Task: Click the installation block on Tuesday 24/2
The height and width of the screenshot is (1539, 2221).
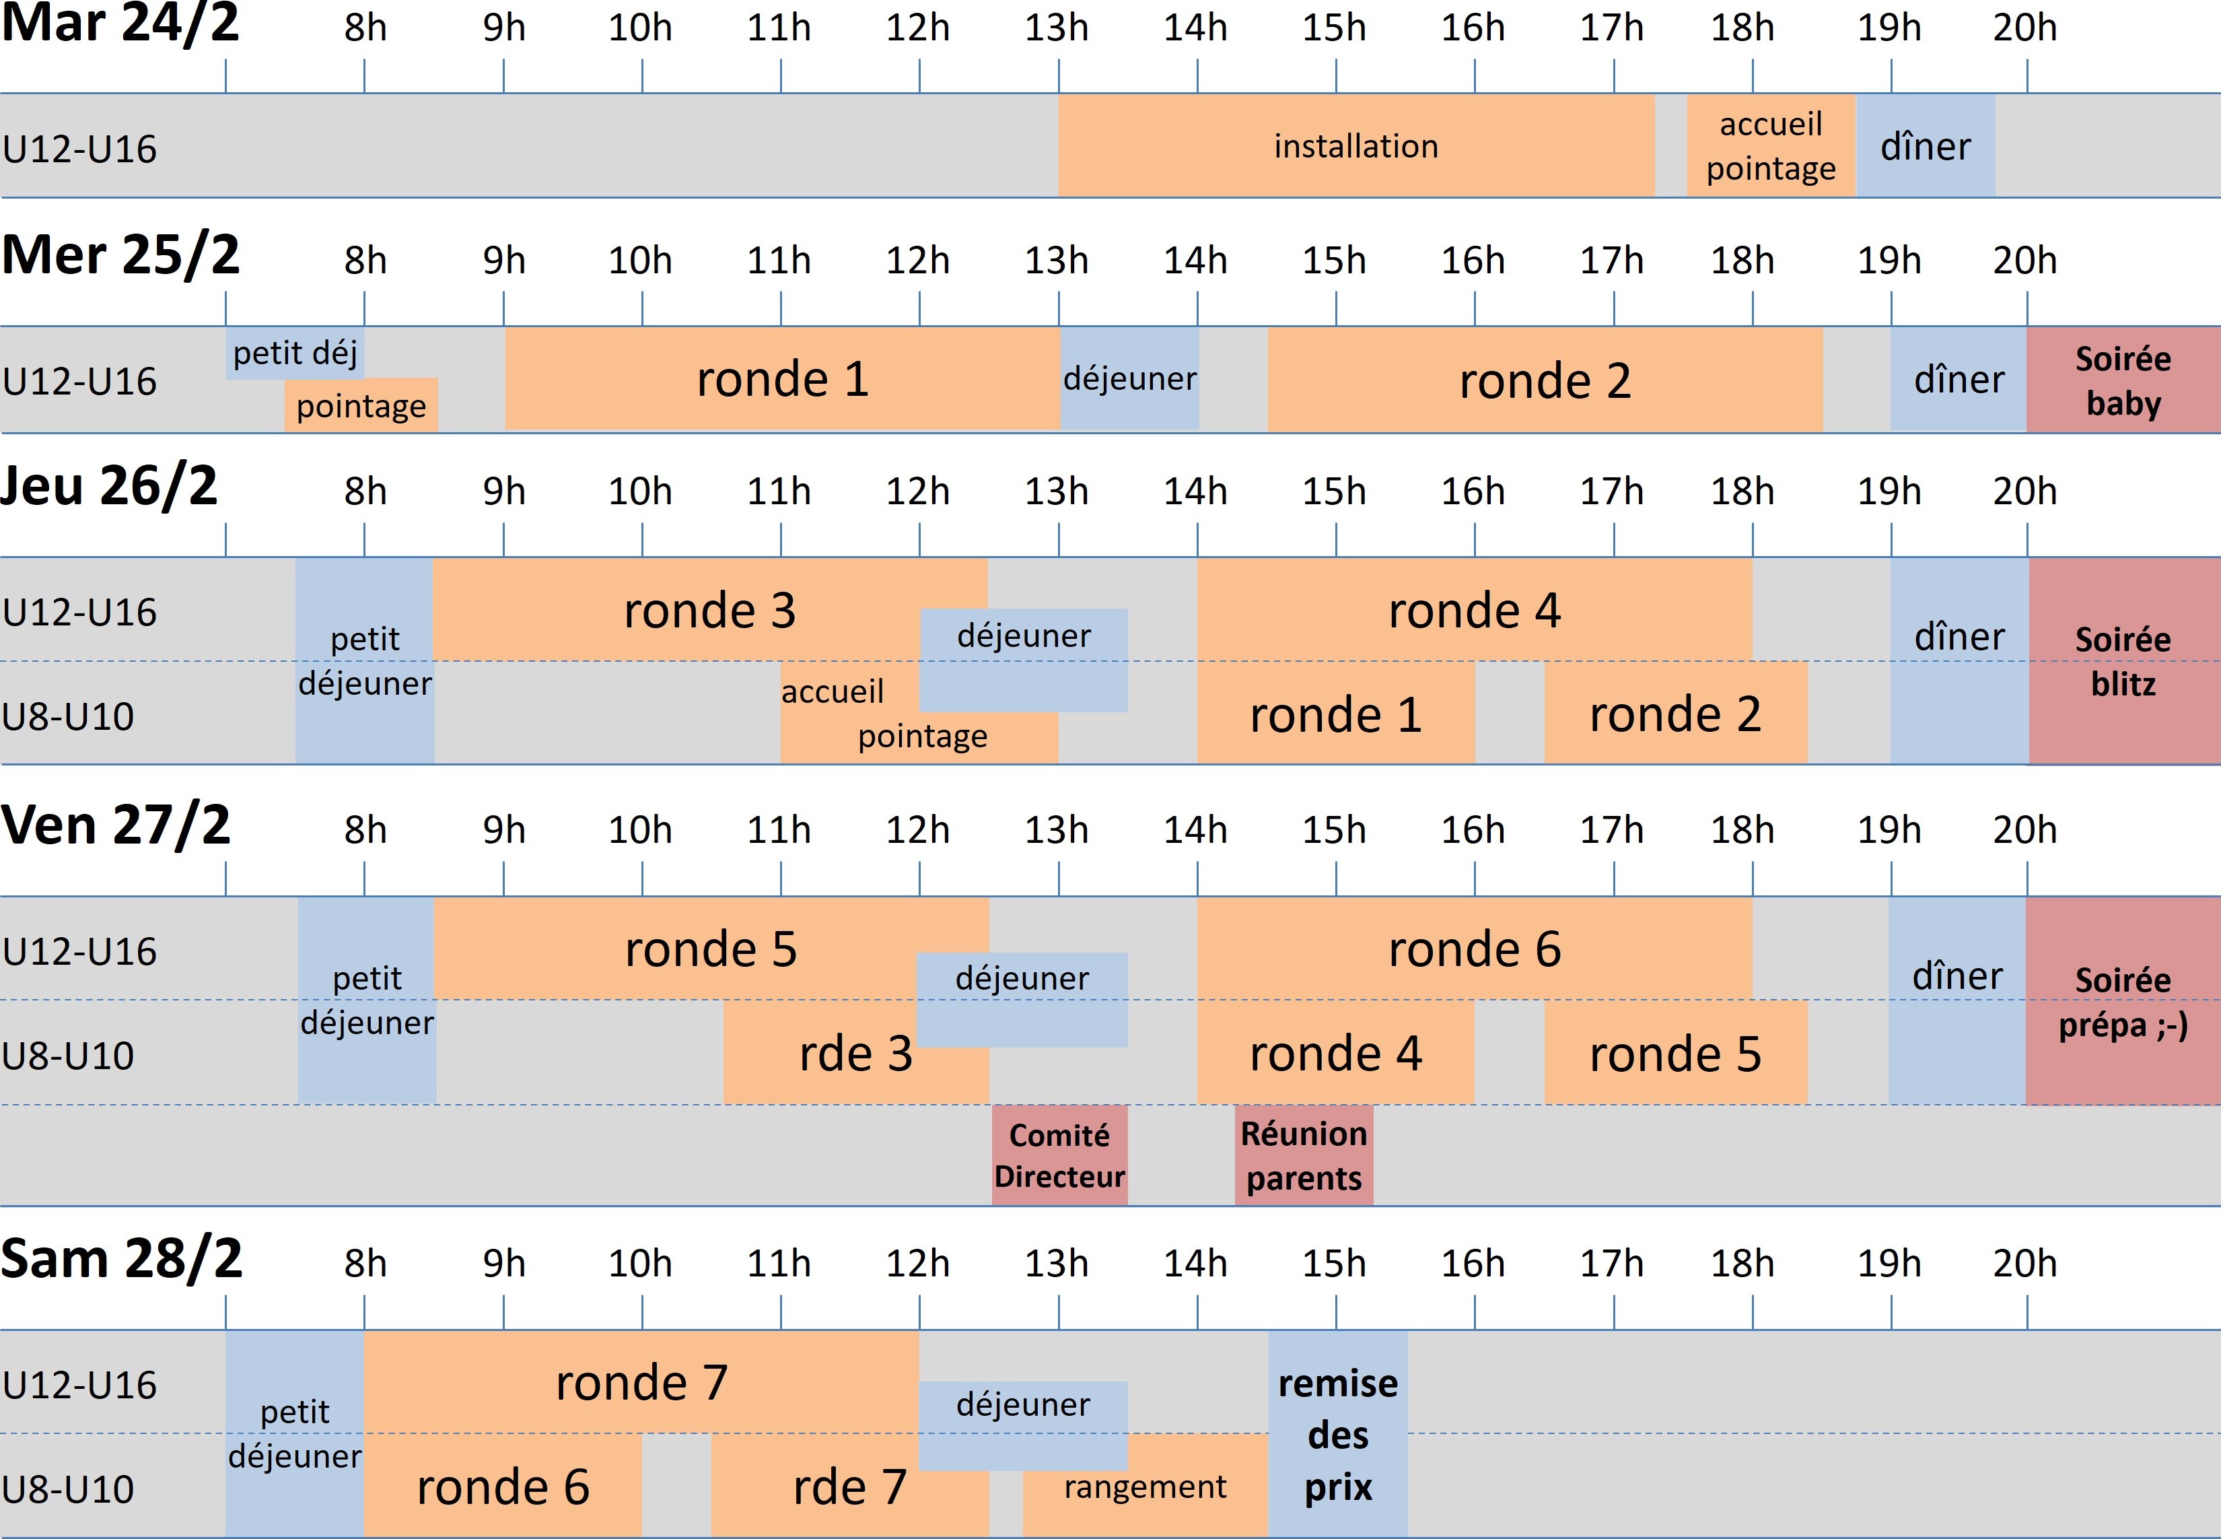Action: pos(1355,145)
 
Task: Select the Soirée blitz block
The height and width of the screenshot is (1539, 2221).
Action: pos(2123,662)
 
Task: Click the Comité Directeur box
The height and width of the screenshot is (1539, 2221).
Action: pos(1059,1155)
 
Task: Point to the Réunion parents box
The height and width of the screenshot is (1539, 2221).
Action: pos(1303,1155)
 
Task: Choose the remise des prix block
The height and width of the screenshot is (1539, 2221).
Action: pos(1337,1434)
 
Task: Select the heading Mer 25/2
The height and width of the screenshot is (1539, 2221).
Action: pos(120,256)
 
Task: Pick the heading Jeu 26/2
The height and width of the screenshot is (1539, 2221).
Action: pos(109,486)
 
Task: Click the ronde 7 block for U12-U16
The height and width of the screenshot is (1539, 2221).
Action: pos(641,1382)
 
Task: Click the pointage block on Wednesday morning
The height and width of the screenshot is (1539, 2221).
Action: pos(361,406)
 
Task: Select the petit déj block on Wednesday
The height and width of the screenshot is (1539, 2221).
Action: pos(295,353)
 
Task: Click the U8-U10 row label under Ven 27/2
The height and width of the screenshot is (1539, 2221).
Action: pos(67,1055)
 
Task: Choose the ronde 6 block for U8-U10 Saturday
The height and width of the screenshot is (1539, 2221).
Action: pos(502,1486)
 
